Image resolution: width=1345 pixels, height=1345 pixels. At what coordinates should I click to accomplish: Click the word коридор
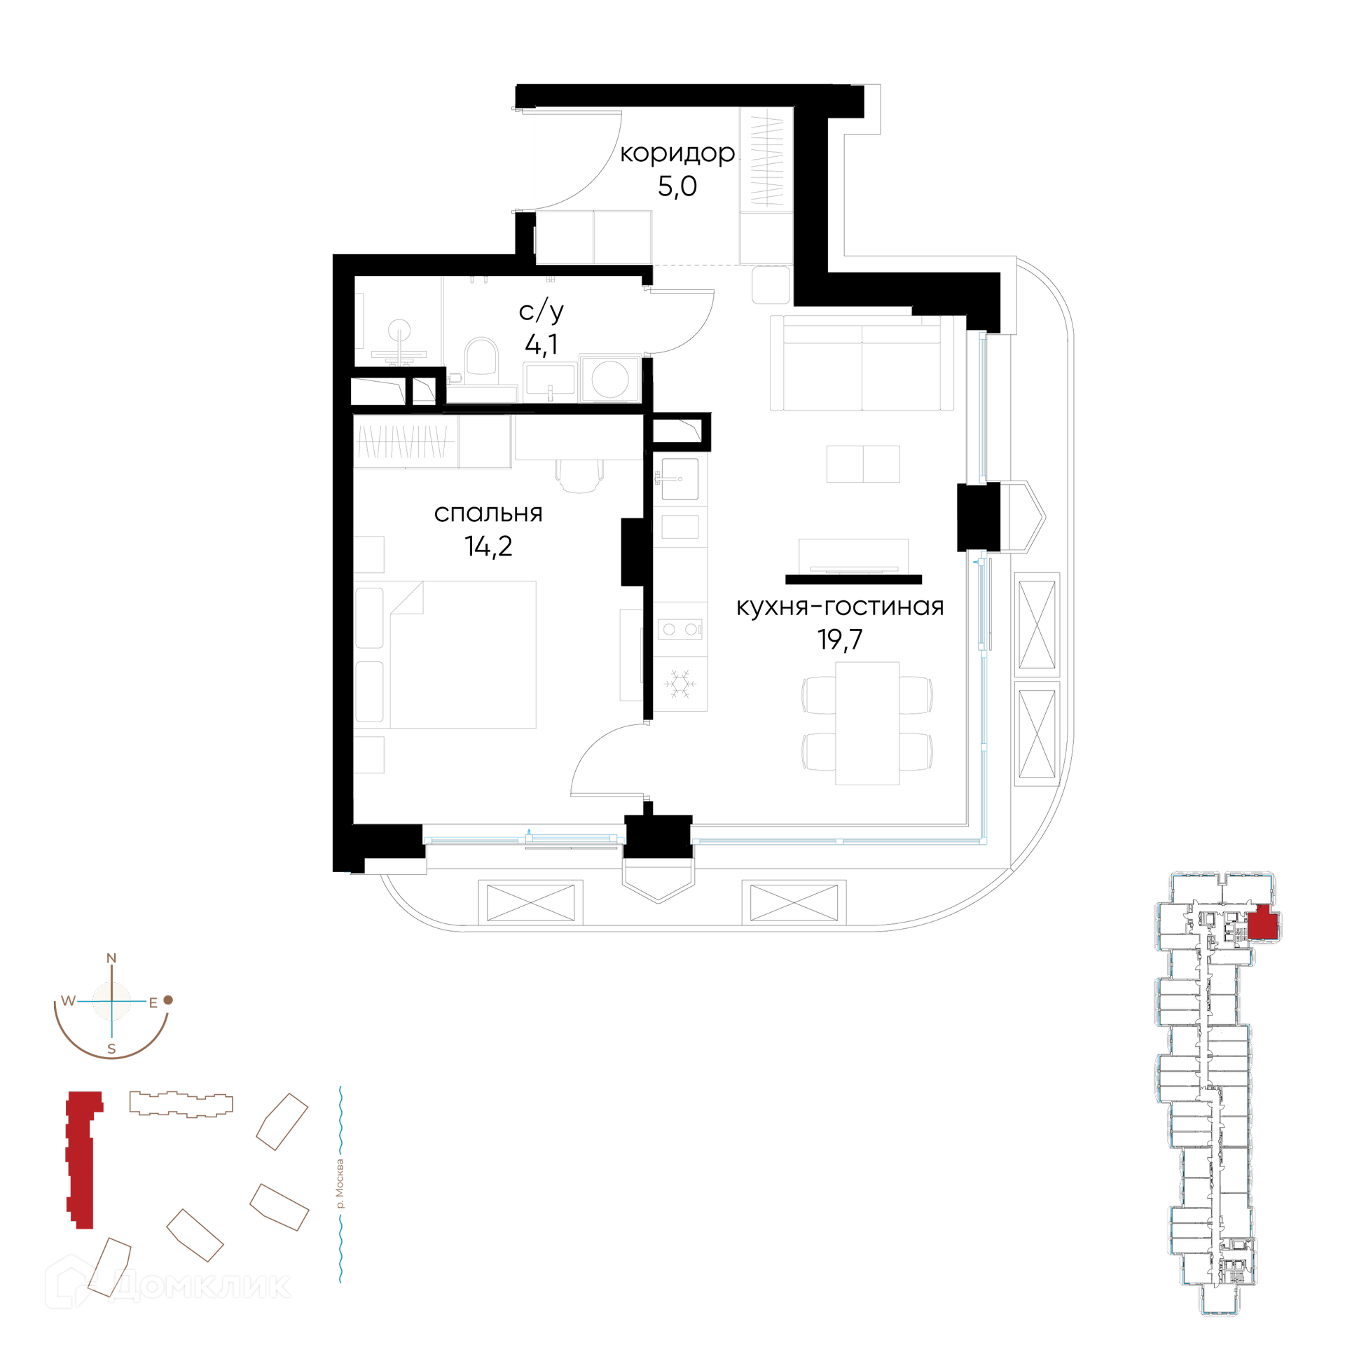(677, 154)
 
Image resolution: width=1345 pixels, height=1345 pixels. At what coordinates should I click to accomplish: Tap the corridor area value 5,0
(677, 186)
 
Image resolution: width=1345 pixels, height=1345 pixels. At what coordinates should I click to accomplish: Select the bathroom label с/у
(542, 312)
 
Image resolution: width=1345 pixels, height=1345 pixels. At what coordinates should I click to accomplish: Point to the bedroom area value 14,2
(488, 546)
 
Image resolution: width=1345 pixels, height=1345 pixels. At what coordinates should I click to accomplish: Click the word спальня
(488, 513)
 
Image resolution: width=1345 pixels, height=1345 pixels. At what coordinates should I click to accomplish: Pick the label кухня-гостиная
(840, 607)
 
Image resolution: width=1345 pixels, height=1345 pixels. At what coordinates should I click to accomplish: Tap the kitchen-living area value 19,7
(840, 640)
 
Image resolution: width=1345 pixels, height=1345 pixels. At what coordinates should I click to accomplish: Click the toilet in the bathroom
(481, 357)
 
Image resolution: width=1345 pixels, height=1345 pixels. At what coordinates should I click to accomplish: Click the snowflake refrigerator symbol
(680, 684)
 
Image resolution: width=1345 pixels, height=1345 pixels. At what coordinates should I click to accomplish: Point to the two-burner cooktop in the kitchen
(680, 629)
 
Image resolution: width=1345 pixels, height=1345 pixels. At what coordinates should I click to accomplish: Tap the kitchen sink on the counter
(680, 479)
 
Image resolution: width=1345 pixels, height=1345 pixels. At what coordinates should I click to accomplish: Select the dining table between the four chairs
(867, 723)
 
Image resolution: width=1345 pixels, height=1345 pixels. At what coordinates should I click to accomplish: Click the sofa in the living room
(862, 363)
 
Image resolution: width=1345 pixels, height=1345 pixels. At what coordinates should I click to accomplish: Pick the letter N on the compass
(111, 958)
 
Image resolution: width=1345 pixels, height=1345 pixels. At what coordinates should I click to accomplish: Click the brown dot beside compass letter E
(168, 1000)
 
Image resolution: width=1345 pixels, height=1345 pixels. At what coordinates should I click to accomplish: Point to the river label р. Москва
(340, 1185)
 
